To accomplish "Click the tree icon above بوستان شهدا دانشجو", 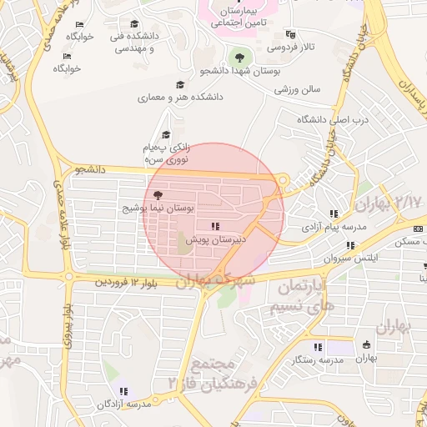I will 240,57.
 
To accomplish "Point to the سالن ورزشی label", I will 299,88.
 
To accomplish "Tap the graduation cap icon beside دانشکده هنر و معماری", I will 179,85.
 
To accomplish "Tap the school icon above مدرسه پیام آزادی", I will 334,213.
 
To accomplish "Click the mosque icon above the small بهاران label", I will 366,345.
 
